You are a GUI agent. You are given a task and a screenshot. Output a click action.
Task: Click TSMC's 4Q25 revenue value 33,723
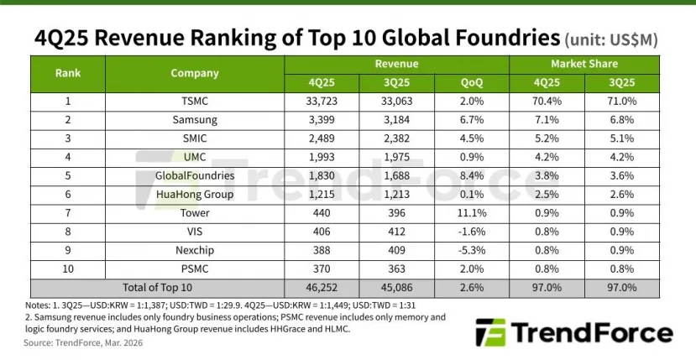pyautogui.click(x=322, y=102)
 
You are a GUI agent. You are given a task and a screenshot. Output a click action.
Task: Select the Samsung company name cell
pyautogui.click(x=195, y=120)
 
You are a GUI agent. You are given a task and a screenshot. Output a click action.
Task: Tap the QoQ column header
pyautogui.click(x=473, y=83)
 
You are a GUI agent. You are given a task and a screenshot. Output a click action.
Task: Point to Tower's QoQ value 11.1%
pyautogui.click(x=473, y=211)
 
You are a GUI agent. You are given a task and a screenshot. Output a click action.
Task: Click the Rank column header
pyautogui.click(x=68, y=73)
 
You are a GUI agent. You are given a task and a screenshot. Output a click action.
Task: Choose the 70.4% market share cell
pyautogui.click(x=547, y=102)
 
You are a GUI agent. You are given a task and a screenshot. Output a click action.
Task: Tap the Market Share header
pyautogui.click(x=584, y=64)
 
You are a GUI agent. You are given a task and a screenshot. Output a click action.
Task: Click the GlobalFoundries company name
pyautogui.click(x=195, y=175)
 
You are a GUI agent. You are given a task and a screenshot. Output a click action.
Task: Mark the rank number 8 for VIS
pyautogui.click(x=68, y=230)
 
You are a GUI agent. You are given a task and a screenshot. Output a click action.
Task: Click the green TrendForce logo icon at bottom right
pyautogui.click(x=489, y=333)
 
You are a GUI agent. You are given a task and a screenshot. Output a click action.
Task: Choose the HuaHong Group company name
pyautogui.click(x=195, y=193)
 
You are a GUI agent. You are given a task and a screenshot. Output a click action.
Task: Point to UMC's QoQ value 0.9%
pyautogui.click(x=473, y=156)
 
